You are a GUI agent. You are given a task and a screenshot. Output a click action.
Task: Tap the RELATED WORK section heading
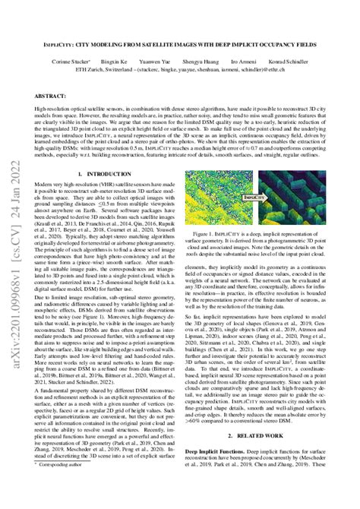click(278, 438)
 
